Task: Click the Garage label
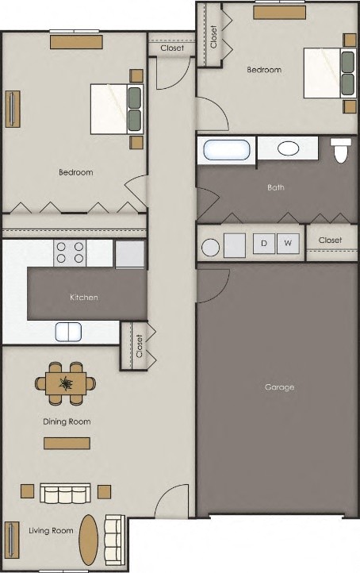click(x=279, y=387)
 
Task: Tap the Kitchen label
click(x=84, y=298)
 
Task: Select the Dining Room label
click(x=67, y=421)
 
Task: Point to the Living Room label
click(x=51, y=530)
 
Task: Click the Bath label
click(x=276, y=188)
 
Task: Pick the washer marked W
click(x=288, y=243)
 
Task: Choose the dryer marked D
click(x=264, y=243)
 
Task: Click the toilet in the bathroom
click(x=341, y=150)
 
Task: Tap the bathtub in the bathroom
click(x=228, y=149)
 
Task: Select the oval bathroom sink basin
click(x=288, y=148)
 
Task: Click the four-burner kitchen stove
click(x=70, y=253)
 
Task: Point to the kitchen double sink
click(x=69, y=331)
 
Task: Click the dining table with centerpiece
click(x=66, y=384)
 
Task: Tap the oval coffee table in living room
click(x=90, y=540)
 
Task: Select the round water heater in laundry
click(x=211, y=247)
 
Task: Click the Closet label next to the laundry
click(x=330, y=240)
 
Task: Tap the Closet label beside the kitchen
click(x=140, y=346)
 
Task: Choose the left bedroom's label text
click(x=76, y=172)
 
